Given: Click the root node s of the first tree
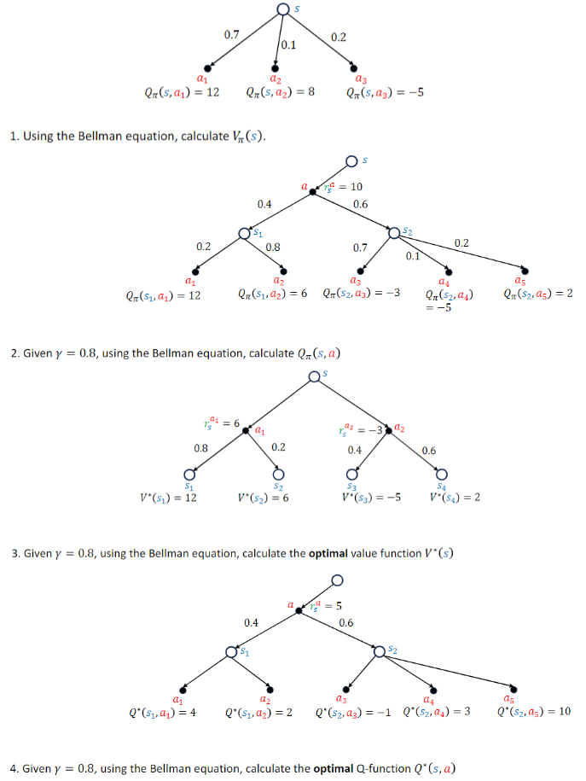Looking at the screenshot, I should click(x=283, y=9).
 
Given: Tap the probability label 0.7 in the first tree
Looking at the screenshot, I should click(x=231, y=35).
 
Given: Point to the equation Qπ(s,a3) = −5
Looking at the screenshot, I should click(x=385, y=92).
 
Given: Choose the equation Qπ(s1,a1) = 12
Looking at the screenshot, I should click(x=162, y=295).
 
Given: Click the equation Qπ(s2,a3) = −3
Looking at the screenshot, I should click(x=362, y=294).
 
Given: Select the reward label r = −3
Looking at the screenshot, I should click(x=364, y=429).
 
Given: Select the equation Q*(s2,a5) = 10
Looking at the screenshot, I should click(x=534, y=712).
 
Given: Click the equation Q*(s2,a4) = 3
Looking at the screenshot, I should click(x=434, y=712).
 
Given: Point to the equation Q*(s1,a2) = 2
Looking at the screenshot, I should click(x=258, y=712).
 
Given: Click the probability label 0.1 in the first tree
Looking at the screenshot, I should click(x=288, y=45).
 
